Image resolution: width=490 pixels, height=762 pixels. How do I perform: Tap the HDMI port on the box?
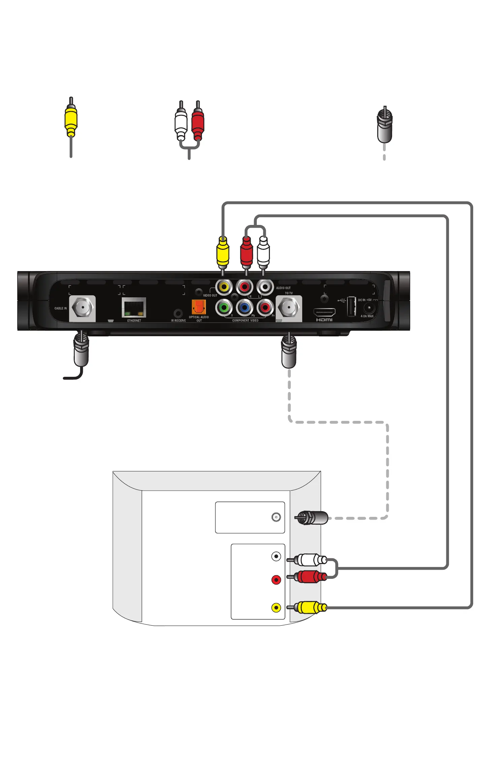tap(324, 312)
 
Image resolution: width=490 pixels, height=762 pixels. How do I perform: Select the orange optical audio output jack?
tap(199, 307)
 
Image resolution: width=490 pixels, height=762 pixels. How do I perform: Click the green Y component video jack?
tap(224, 307)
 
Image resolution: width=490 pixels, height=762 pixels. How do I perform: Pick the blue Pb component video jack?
tap(245, 307)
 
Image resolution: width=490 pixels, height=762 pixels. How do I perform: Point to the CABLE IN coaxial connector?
tap(82, 307)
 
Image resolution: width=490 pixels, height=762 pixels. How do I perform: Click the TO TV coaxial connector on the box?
tap(288, 307)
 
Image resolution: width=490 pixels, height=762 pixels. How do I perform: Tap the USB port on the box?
tap(351, 306)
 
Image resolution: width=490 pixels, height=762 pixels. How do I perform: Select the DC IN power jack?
tap(369, 308)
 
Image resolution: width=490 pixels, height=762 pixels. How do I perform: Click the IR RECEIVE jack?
tap(178, 313)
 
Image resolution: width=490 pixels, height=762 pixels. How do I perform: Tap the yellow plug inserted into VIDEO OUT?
tap(222, 253)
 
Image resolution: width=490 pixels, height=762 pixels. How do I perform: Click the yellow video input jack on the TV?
tap(276, 608)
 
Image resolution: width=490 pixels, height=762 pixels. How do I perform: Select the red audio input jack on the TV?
tap(276, 580)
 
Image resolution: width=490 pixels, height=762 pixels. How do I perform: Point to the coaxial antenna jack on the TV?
tap(276, 517)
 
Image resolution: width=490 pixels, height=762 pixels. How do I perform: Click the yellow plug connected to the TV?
tap(308, 607)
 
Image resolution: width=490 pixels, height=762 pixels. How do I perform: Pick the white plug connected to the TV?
tap(308, 560)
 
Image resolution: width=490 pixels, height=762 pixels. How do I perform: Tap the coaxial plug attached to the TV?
tap(312, 518)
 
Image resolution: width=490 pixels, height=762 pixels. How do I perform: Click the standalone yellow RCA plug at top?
tap(71, 120)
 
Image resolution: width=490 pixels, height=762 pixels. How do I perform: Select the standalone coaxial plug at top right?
tap(384, 125)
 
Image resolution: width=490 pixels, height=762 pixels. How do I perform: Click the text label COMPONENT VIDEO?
tap(245, 321)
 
